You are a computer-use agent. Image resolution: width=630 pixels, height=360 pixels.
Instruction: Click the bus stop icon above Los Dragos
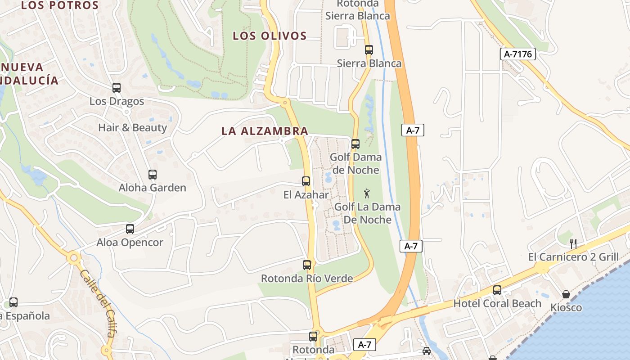117,88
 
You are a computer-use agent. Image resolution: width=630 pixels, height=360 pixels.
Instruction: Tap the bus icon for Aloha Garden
153,175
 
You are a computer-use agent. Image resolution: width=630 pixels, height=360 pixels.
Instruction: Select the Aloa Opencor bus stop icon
130,229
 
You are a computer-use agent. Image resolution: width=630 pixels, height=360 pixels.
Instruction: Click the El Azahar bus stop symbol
306,181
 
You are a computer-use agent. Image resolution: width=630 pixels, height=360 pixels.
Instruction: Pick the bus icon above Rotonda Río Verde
307,265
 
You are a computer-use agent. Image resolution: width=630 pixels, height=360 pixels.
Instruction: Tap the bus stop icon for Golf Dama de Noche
355,144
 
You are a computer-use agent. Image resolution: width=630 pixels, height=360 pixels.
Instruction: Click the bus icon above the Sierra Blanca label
369,50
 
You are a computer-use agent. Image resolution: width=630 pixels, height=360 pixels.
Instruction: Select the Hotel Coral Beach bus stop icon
497,290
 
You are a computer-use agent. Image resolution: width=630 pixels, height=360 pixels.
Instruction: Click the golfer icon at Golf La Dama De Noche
367,194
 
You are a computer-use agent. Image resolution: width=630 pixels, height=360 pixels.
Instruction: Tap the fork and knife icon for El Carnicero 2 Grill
573,244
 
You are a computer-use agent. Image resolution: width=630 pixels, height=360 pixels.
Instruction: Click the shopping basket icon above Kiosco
566,294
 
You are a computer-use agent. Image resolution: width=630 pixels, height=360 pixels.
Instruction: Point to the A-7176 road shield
518,54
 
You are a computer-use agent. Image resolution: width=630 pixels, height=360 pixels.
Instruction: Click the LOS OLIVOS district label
270,36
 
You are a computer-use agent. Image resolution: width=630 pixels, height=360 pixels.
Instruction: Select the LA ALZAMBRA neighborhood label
265,131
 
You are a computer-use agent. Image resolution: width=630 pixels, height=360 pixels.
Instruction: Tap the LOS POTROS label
60,5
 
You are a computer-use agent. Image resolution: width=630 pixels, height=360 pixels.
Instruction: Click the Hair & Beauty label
132,127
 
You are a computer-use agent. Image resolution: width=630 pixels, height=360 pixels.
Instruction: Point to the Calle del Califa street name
98,303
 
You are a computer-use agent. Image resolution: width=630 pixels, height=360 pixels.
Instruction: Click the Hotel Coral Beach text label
497,303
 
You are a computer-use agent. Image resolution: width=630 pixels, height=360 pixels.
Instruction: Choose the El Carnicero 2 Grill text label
573,257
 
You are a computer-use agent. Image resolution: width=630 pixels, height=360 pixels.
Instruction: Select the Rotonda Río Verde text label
307,279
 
